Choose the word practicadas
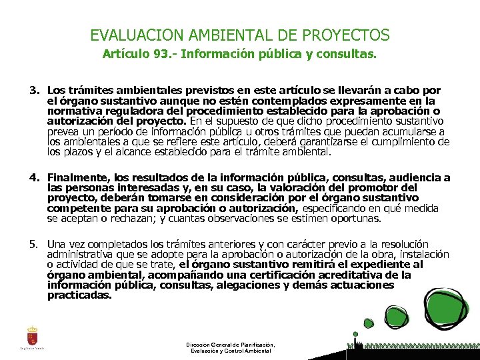point(79,295)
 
